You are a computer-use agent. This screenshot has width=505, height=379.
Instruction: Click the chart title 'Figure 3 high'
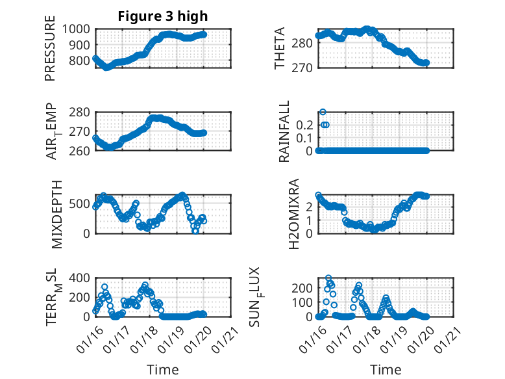[x=162, y=16]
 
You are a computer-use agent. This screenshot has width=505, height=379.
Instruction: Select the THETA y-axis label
[x=280, y=49]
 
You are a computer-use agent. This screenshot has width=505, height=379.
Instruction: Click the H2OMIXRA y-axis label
[x=293, y=214]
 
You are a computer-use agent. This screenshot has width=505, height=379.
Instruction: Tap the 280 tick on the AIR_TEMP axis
[x=84, y=112]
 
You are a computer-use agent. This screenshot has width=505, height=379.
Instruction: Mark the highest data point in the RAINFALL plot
[x=323, y=112]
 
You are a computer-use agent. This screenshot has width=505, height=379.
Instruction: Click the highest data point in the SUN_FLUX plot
[x=328, y=278]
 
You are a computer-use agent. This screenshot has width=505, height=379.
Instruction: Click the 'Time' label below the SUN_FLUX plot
[x=386, y=370]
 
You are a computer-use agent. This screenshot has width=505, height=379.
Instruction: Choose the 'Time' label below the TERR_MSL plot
[x=162, y=370]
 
